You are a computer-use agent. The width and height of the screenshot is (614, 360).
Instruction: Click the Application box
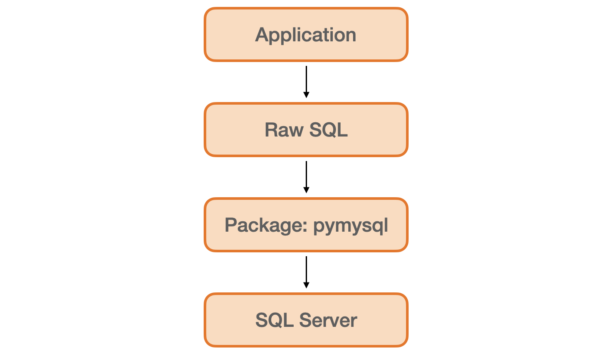[x=306, y=34]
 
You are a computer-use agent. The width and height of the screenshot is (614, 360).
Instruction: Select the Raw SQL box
[x=306, y=130]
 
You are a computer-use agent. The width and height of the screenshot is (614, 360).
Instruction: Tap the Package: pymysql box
[x=306, y=225]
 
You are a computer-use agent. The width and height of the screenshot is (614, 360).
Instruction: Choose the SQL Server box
[x=306, y=320]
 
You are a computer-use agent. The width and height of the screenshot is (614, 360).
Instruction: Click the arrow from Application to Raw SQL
[x=306, y=80]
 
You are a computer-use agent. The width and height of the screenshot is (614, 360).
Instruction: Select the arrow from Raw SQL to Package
[x=306, y=175]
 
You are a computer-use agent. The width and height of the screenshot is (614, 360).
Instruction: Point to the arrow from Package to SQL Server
[x=306, y=270]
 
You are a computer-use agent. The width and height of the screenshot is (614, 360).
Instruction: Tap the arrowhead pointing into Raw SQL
[x=306, y=95]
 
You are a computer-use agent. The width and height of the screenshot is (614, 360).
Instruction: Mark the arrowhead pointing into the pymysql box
[x=306, y=190]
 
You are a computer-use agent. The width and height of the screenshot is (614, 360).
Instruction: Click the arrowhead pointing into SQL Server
[x=306, y=285]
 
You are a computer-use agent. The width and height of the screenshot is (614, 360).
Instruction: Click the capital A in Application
[x=261, y=34]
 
